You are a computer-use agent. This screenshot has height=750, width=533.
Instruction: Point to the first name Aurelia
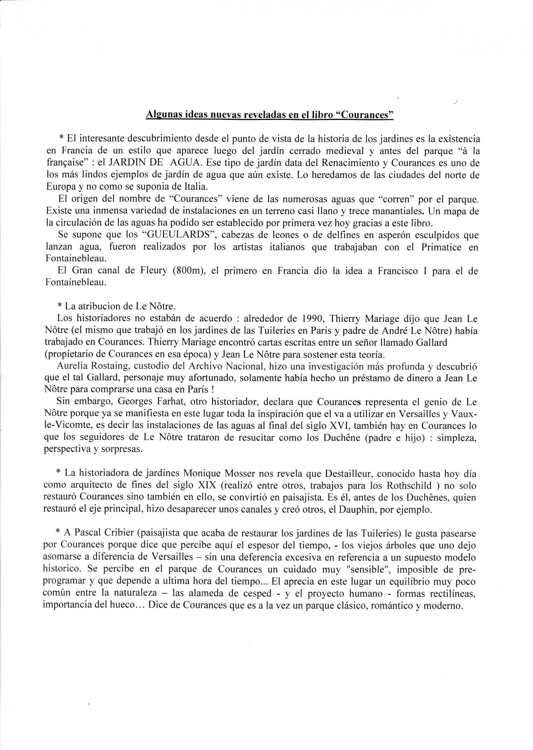tap(73, 367)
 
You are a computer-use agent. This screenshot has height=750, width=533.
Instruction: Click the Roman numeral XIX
tap(212, 484)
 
